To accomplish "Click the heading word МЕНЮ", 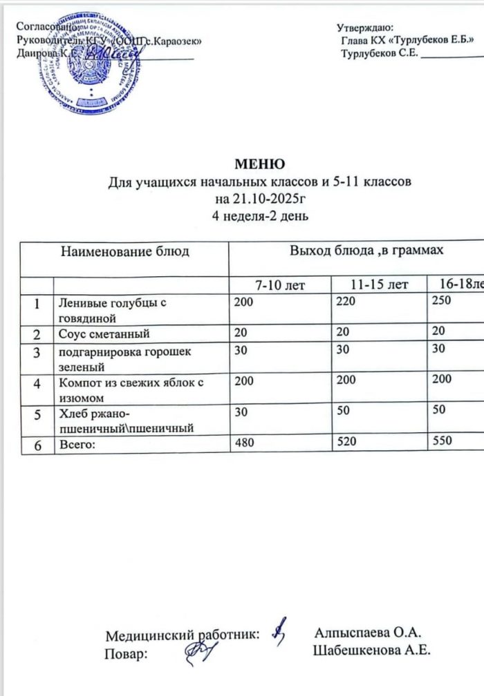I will tap(259, 165).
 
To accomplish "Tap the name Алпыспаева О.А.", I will tap(369, 632).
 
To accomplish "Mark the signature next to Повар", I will tap(200, 650).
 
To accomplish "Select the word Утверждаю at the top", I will tap(364, 28).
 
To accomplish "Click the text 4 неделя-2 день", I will tap(259, 216).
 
